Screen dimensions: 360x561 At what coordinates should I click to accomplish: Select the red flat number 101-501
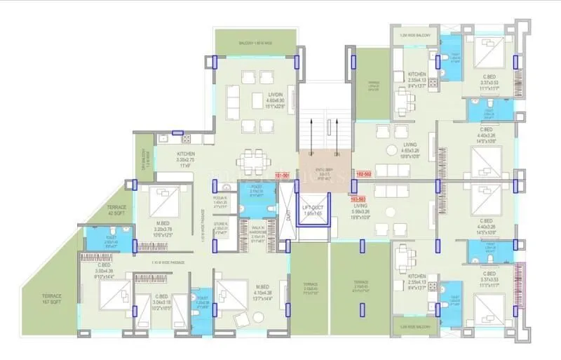click(x=283, y=173)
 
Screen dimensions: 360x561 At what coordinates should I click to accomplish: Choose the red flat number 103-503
click(x=358, y=199)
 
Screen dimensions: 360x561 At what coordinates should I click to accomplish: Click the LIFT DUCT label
click(x=311, y=209)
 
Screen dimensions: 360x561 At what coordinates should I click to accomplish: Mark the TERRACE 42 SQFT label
click(x=117, y=211)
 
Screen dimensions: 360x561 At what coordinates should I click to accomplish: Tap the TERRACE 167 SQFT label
click(x=50, y=300)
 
